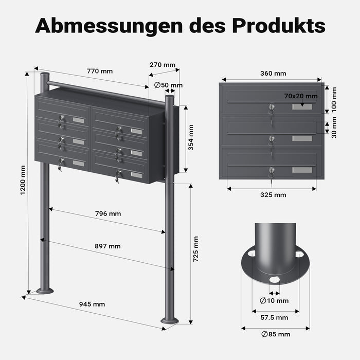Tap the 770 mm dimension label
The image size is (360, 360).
click(x=100, y=71)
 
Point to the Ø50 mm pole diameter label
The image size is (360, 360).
click(x=168, y=85)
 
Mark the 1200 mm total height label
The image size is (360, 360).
click(x=23, y=182)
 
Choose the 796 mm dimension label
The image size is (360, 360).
click(x=108, y=213)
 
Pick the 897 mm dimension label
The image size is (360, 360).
click(x=108, y=246)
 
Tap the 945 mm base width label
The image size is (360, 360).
click(x=92, y=304)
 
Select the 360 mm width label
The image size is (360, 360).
click(x=273, y=74)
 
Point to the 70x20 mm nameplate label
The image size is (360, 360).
click(x=300, y=96)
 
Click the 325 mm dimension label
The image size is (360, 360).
click(x=273, y=195)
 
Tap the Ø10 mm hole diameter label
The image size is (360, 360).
click(x=275, y=300)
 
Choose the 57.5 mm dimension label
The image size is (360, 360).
click(x=275, y=317)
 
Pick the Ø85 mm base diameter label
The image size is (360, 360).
click(x=276, y=334)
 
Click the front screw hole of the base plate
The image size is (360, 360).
click(x=274, y=279)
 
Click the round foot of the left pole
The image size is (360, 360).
click(x=45, y=291)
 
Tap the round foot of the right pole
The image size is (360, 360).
click(x=170, y=321)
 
